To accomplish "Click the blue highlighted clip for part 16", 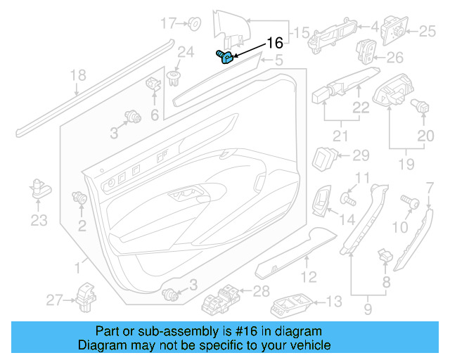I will [224, 56].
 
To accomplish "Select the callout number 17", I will [169, 23].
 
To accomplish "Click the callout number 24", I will [185, 51].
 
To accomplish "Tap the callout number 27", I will [54, 300].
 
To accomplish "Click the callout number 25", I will [427, 31].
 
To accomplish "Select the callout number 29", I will [361, 155].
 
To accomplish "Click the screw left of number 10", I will [409, 202].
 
